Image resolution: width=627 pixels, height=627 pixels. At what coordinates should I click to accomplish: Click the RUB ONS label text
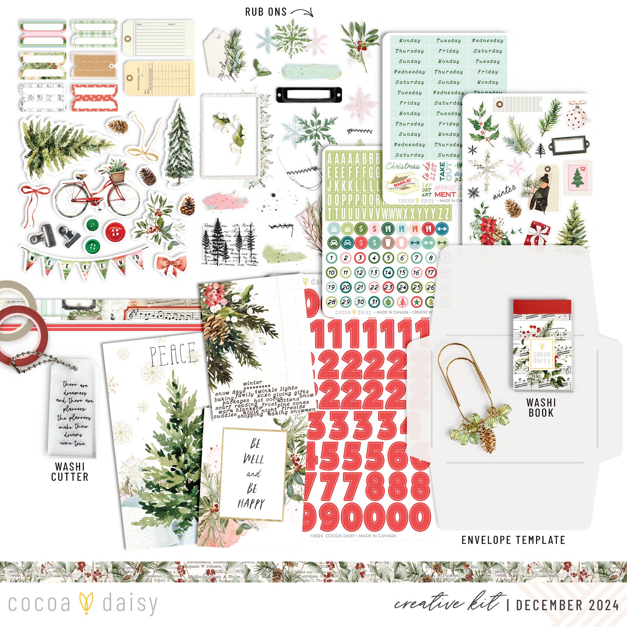(x=266, y=12)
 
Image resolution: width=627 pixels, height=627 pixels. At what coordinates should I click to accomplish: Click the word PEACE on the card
(x=172, y=355)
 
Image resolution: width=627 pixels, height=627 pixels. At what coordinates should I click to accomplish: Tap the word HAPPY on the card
(x=251, y=504)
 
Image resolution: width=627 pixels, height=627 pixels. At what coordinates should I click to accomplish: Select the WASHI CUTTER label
(x=70, y=472)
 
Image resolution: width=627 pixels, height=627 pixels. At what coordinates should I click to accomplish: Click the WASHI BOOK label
(x=541, y=408)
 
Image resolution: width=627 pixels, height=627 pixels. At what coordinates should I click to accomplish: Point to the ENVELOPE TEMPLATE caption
(x=513, y=540)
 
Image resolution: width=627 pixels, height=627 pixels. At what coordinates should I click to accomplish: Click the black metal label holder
(x=309, y=95)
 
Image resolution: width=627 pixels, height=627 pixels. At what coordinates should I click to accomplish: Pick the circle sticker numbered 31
(x=374, y=302)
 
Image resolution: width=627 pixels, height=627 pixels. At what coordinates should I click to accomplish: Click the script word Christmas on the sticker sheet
(x=402, y=166)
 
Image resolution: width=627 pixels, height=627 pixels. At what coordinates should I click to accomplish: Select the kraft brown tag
(x=94, y=65)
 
